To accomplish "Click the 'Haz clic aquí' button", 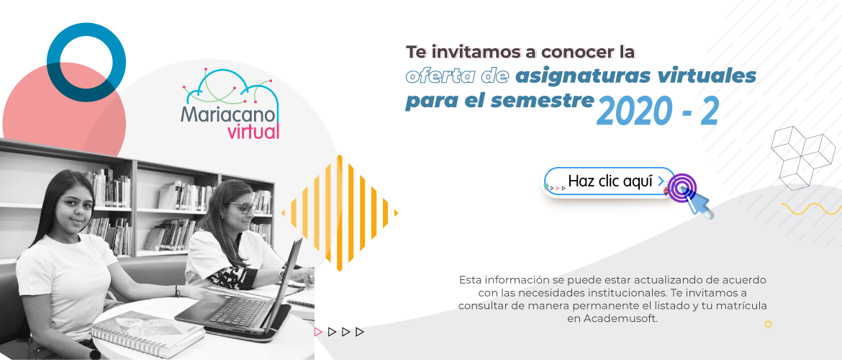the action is click(609, 182).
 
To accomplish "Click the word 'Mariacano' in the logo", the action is click(229, 114).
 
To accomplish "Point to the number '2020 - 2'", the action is click(657, 112).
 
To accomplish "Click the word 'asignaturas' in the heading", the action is click(581, 77).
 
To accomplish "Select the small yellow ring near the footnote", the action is click(768, 324).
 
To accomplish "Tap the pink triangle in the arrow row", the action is click(318, 332).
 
